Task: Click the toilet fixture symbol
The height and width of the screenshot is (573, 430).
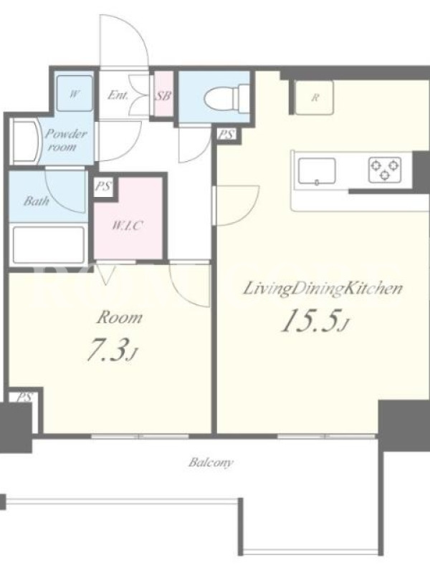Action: pyautogui.click(x=226, y=97)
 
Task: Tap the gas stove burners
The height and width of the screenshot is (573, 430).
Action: pyautogui.click(x=385, y=169)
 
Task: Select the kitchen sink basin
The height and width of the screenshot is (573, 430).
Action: pyautogui.click(x=317, y=170)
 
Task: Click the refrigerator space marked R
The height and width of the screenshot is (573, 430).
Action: pyautogui.click(x=314, y=97)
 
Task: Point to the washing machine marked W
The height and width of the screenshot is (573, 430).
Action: pyautogui.click(x=75, y=93)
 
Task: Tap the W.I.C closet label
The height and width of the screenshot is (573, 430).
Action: pyautogui.click(x=127, y=226)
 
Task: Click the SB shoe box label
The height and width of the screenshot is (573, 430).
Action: pyautogui.click(x=163, y=96)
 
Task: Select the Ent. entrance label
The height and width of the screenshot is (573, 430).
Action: pyautogui.click(x=118, y=95)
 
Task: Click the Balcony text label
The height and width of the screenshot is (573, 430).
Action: pyautogui.click(x=211, y=463)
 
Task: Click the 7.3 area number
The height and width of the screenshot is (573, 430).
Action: pyautogui.click(x=112, y=350)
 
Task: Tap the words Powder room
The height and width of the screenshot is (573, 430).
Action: pyautogui.click(x=65, y=140)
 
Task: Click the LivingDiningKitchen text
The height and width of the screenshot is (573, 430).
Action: pyautogui.click(x=323, y=289)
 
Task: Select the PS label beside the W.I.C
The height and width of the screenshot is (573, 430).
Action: pyautogui.click(x=103, y=186)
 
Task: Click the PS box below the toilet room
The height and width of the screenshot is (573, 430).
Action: pyautogui.click(x=226, y=135)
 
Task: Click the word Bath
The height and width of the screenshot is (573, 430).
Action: pyautogui.click(x=36, y=201)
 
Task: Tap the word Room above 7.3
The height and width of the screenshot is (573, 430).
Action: pyautogui.click(x=119, y=317)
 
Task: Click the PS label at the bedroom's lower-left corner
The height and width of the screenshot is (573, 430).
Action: pyautogui.click(x=24, y=397)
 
